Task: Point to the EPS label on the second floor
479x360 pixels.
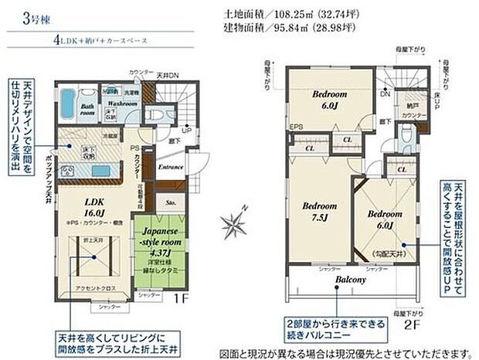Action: tap(295, 127)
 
